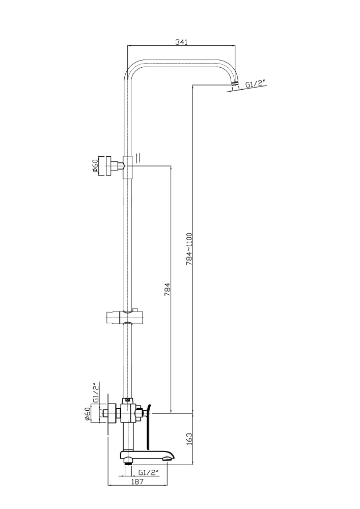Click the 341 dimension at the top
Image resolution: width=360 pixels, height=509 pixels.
coord(181,42)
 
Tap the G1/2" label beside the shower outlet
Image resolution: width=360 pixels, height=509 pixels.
coord(255,85)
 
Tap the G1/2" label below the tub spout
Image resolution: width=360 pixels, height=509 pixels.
coord(149,472)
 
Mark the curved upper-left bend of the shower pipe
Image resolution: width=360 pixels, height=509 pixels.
coord(133,69)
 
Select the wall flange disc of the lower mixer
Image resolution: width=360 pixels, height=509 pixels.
coord(107,414)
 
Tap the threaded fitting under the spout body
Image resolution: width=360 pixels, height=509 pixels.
coord(129,462)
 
